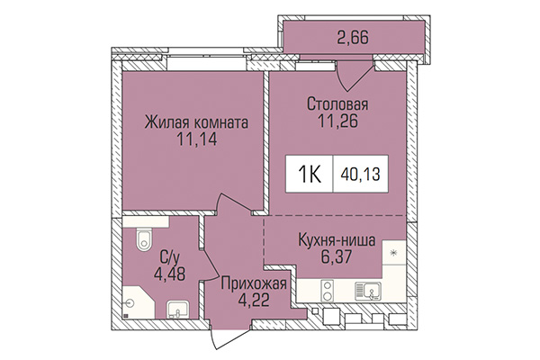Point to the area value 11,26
(337, 124)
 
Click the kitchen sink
(369, 290)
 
